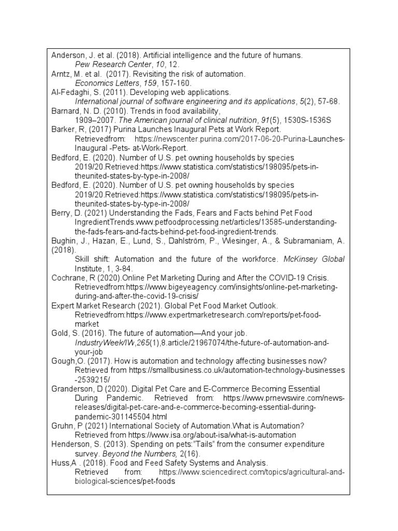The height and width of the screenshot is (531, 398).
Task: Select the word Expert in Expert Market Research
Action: (x=62, y=305)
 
